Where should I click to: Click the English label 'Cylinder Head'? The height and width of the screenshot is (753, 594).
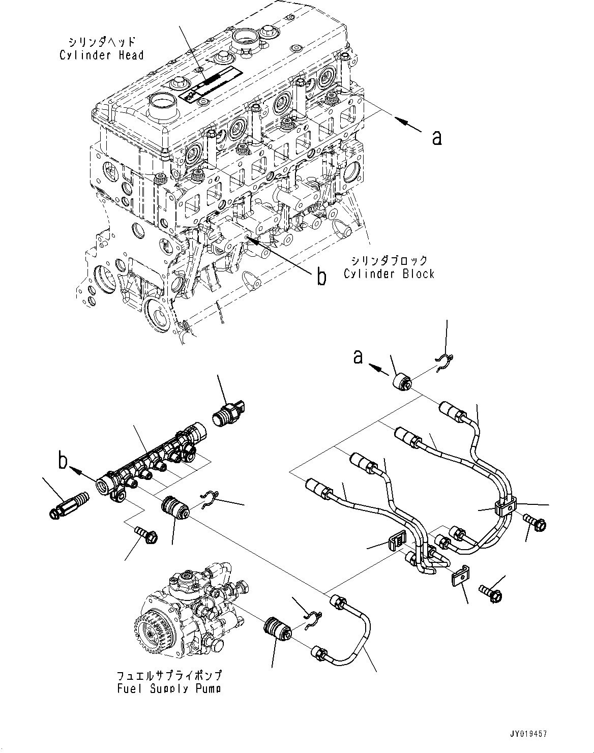pos(102,55)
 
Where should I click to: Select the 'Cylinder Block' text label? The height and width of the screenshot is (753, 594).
pos(389,274)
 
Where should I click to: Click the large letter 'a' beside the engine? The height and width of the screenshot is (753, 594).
pos(436,137)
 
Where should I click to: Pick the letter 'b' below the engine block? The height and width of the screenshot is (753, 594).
pos(321,277)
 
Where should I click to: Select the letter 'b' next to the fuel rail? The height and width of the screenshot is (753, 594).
pos(63,462)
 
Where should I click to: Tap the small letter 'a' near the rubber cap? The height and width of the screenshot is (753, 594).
pos(359,357)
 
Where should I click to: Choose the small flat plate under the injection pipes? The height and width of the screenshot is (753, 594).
pos(460,577)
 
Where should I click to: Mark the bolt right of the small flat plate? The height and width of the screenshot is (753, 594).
pos(490,592)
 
